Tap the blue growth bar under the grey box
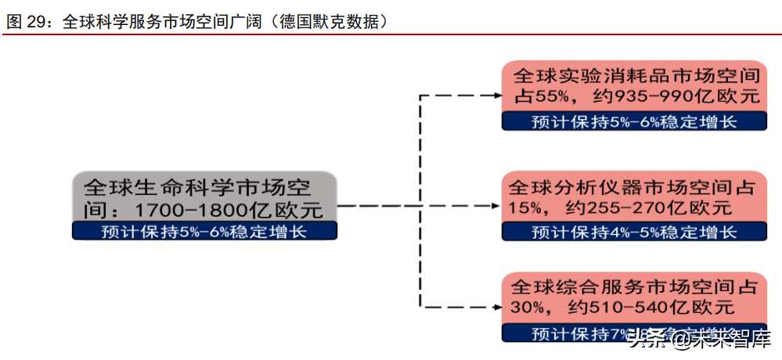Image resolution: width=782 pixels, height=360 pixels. [x=205, y=232]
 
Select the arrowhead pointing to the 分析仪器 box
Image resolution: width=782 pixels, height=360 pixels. [x=496, y=207]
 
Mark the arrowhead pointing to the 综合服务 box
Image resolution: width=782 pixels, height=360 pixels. [x=496, y=306]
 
